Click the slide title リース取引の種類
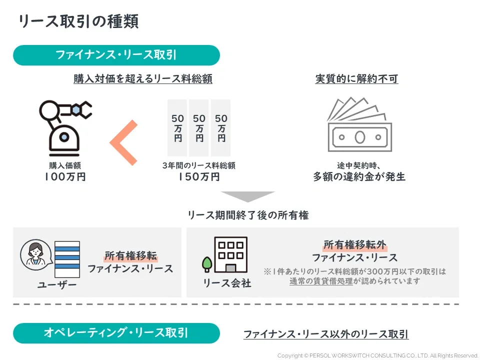pyautogui.click(x=78, y=21)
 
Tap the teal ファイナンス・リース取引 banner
pyautogui.click(x=116, y=55)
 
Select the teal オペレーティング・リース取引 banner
pyautogui.click(x=116, y=333)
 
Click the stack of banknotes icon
pyautogui.click(x=358, y=125)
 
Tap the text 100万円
pyautogui.click(x=65, y=177)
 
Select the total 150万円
pyautogui.click(x=198, y=177)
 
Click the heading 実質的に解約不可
pyautogui.click(x=356, y=79)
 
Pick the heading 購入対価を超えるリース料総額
pyautogui.click(x=143, y=79)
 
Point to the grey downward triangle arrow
pyautogui.click(x=248, y=196)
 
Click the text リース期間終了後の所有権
pyautogui.click(x=248, y=215)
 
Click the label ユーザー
pyautogui.click(x=57, y=285)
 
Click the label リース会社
pyautogui.click(x=227, y=283)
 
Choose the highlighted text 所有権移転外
pyautogui.click(x=354, y=245)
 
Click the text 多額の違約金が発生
pyautogui.click(x=359, y=177)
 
